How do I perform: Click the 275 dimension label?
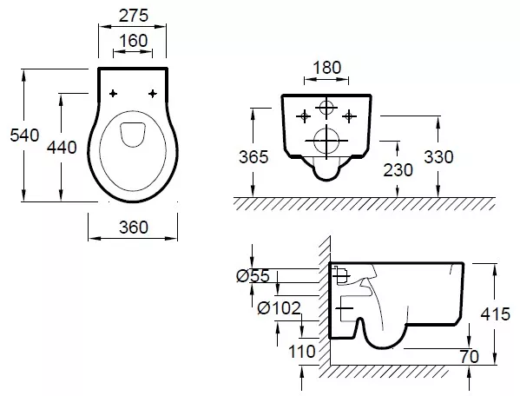(134, 16)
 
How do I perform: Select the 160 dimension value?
(134, 41)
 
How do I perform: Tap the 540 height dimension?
(24, 135)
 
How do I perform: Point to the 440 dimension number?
(62, 148)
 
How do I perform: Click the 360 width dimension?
(134, 228)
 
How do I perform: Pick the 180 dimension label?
(326, 68)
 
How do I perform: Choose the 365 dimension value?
(253, 157)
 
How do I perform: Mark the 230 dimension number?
(398, 170)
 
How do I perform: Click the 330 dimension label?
(438, 157)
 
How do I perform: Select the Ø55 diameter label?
(253, 276)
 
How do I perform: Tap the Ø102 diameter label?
(280, 308)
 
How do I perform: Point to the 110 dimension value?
(301, 351)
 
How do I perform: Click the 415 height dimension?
(496, 314)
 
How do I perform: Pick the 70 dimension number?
(470, 357)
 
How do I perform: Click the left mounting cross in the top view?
(113, 94)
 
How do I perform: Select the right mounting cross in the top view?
(152, 94)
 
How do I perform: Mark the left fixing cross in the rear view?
(304, 116)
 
